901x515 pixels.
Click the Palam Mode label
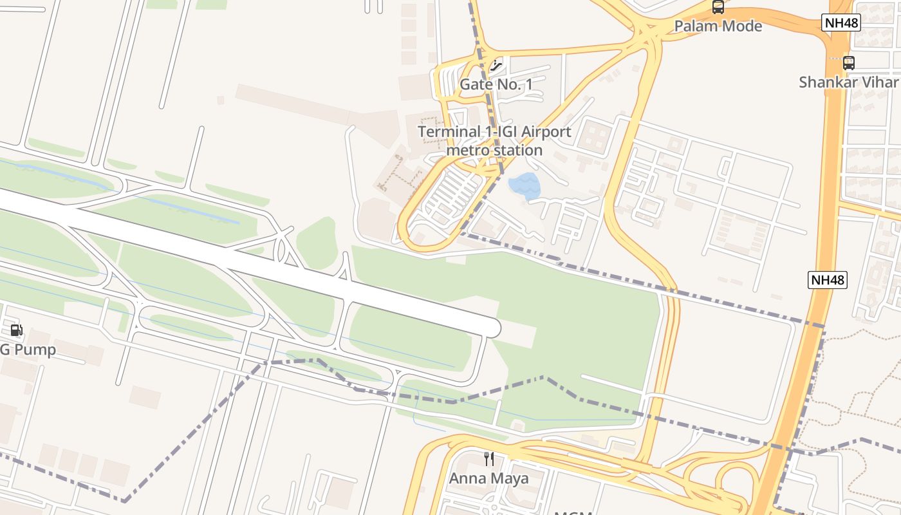718,26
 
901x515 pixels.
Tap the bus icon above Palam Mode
718,7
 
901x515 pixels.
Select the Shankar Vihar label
848,82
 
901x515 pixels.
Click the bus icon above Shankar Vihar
848,62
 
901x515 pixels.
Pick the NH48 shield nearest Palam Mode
841,23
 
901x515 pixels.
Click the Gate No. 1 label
496,84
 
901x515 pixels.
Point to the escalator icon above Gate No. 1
496,64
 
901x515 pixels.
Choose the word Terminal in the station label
449,132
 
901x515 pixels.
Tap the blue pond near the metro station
525,185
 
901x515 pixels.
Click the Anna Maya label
488,478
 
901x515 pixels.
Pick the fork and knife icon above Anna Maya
489,459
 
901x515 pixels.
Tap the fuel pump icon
16,331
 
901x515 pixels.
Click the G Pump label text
28,350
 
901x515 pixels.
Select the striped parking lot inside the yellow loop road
454,193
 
